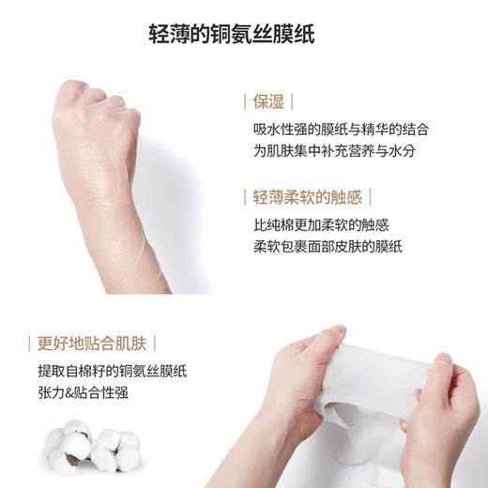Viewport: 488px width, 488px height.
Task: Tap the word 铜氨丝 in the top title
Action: pyautogui.click(x=246, y=35)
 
